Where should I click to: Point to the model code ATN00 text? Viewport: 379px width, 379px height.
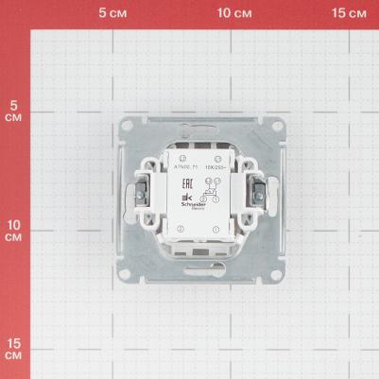[181, 164]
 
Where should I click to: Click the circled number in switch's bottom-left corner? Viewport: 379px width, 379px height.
[180, 230]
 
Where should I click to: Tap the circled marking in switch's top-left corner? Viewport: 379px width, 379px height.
[180, 156]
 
